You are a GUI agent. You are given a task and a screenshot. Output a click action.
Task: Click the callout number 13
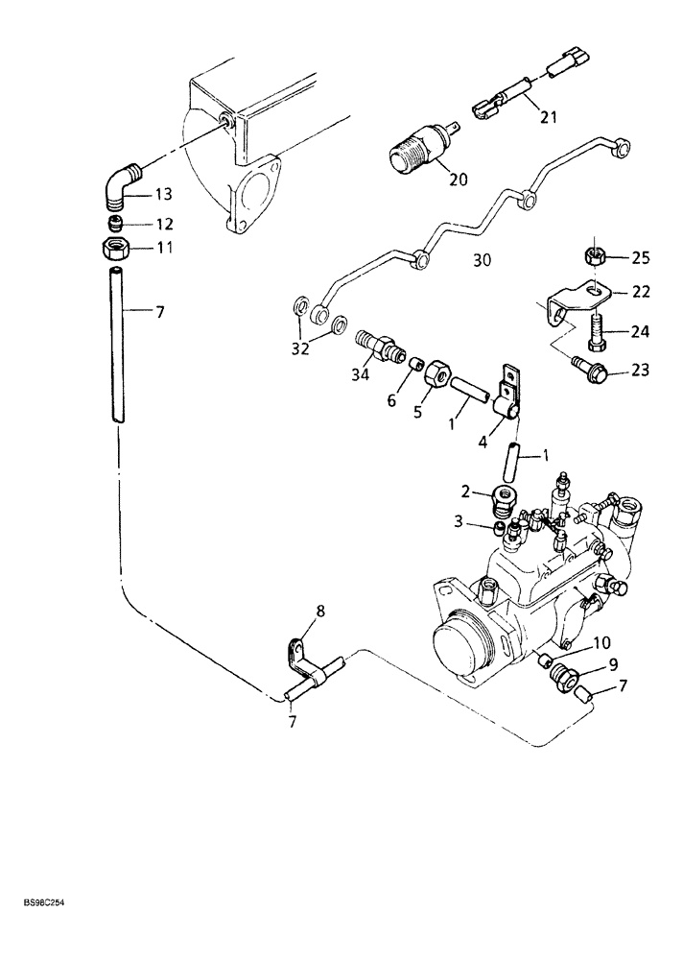click(x=163, y=195)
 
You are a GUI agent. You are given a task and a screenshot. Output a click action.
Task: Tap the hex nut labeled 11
click(x=116, y=249)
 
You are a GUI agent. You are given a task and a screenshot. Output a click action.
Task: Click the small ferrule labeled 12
click(x=115, y=225)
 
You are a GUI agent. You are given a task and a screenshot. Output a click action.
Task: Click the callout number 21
click(x=548, y=117)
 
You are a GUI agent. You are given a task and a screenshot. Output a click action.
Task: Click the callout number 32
click(x=300, y=349)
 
